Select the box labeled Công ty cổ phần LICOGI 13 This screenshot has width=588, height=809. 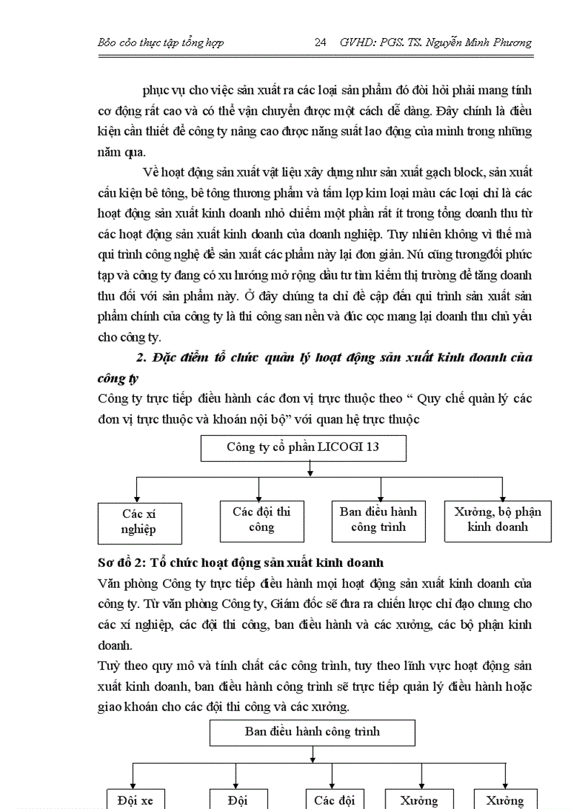coord(303,447)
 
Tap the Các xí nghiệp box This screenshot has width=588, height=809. coord(139,522)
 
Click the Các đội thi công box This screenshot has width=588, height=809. coord(261,519)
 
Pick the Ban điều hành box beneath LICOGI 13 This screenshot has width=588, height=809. coord(378,519)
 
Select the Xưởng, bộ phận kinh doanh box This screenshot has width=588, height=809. coord(497,519)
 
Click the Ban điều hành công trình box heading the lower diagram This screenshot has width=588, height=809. coord(312,733)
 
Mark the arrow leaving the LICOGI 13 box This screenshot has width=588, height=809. coord(309,469)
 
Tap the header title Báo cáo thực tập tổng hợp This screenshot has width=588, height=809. coord(160,43)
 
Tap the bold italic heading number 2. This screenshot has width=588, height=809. coord(141,358)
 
